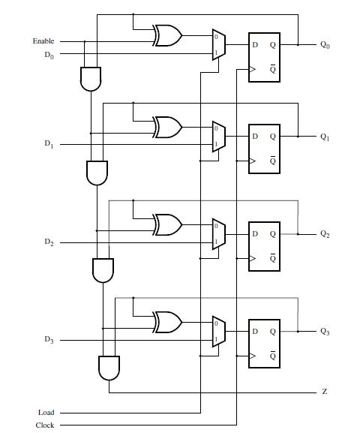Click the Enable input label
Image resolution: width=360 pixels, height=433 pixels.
[43, 41]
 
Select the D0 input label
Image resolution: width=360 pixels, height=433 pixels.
[49, 55]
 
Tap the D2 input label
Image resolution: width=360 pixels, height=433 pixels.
[49, 242]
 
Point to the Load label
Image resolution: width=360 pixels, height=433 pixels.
[46, 412]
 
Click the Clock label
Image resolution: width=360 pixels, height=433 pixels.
[45, 425]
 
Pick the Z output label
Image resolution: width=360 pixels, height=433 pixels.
[324, 392]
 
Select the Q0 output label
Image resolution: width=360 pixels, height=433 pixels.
[325, 45]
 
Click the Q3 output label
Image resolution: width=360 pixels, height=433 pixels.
[325, 331]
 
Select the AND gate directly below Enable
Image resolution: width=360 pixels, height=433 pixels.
[90, 77]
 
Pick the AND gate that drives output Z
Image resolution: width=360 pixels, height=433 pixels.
[109, 367]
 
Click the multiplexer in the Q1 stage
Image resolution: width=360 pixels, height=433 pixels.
[218, 137]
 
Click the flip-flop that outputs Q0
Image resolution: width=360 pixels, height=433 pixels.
[264, 58]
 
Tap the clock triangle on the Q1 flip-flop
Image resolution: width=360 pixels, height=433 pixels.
[253, 161]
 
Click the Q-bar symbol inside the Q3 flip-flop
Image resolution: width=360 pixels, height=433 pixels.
[273, 356]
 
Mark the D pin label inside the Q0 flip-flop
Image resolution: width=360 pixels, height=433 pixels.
[255, 45]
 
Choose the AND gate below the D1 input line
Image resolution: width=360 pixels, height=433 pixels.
[97, 173]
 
